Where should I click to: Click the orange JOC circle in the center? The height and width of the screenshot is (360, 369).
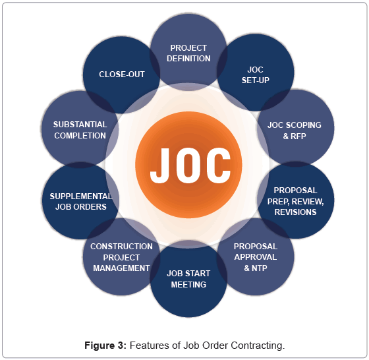(188, 165)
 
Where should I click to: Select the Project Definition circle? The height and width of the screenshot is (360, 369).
(188, 52)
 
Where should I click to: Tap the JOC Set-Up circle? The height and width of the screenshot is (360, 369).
(256, 73)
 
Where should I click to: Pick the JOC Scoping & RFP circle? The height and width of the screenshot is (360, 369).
(296, 128)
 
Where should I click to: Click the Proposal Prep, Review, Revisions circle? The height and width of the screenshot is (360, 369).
(296, 200)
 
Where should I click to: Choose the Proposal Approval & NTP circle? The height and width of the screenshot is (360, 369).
(256, 256)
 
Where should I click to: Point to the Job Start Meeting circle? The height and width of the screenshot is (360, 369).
(188, 279)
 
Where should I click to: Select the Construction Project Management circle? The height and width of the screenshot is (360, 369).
(121, 256)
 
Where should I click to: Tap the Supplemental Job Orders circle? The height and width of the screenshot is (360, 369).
(80, 201)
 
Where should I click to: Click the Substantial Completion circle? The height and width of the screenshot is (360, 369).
(80, 129)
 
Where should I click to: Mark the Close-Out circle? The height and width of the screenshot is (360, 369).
(121, 75)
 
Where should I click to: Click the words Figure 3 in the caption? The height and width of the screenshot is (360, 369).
(105, 345)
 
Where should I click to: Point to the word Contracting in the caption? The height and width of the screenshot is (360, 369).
(258, 345)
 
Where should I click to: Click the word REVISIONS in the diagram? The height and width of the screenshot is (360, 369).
(295, 212)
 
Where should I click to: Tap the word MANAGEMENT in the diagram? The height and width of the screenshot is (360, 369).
(121, 268)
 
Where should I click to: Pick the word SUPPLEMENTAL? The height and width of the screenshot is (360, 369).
(80, 196)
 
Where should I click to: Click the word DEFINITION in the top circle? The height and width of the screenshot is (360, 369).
(188, 59)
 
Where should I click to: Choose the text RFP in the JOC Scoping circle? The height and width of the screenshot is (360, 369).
(298, 136)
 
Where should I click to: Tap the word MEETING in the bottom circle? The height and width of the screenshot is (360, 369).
(188, 285)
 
